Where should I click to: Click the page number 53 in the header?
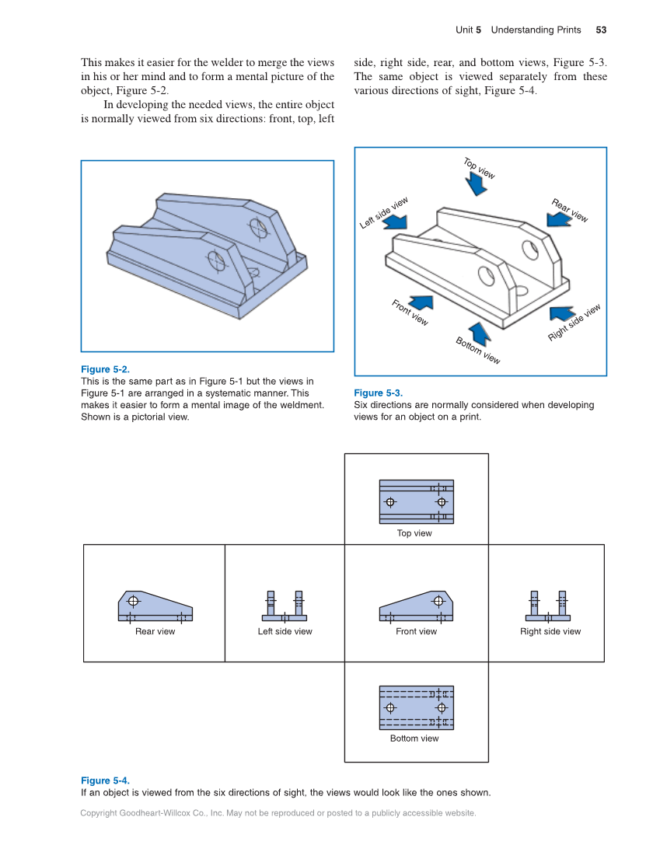[x=601, y=30]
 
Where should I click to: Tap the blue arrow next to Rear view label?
[x=557, y=218]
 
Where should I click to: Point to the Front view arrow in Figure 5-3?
[x=421, y=302]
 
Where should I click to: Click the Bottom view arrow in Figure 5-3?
[x=480, y=333]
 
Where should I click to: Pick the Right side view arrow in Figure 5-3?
[x=561, y=313]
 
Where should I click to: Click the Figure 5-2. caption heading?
[x=105, y=369]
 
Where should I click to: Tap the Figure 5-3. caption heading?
[x=378, y=393]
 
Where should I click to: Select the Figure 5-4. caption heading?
[x=105, y=780]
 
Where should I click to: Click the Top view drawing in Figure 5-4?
[x=416, y=501]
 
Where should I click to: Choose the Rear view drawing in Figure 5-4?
[x=155, y=606]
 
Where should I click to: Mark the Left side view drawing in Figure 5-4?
[x=285, y=606]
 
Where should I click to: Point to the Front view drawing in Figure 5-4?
[x=416, y=606]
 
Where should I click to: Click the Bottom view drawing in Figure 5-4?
[x=416, y=707]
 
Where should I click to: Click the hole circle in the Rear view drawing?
[x=134, y=601]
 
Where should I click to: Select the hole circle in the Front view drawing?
[x=438, y=601]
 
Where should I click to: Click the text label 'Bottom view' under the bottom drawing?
[x=414, y=739]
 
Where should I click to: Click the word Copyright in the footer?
[x=100, y=813]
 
